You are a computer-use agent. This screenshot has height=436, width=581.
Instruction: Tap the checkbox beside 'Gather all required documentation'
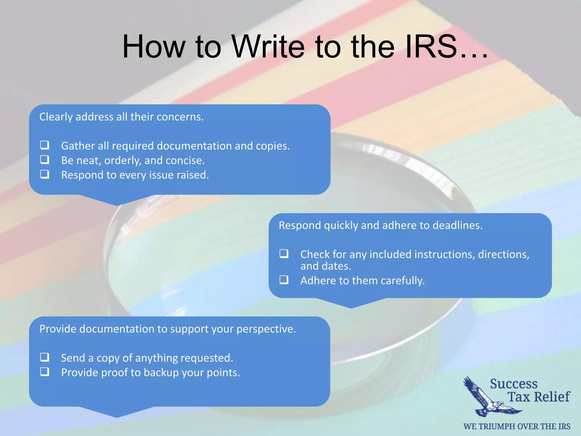pos(45,145)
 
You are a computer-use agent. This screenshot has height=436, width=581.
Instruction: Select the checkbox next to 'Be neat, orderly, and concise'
pos(45,160)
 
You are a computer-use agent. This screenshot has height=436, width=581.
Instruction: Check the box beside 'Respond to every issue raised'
pos(45,174)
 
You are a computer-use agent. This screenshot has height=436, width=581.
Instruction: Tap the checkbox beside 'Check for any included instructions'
pos(284,253)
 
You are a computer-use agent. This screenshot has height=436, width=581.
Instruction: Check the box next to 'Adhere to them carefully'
pos(284,280)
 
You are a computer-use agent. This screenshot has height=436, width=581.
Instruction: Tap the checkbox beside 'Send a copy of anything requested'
pos(45,357)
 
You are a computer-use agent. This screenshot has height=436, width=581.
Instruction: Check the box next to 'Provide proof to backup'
pos(45,372)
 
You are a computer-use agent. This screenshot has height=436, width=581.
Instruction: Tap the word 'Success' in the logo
pos(514,384)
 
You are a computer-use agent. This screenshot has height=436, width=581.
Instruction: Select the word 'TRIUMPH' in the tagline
pos(500,427)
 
